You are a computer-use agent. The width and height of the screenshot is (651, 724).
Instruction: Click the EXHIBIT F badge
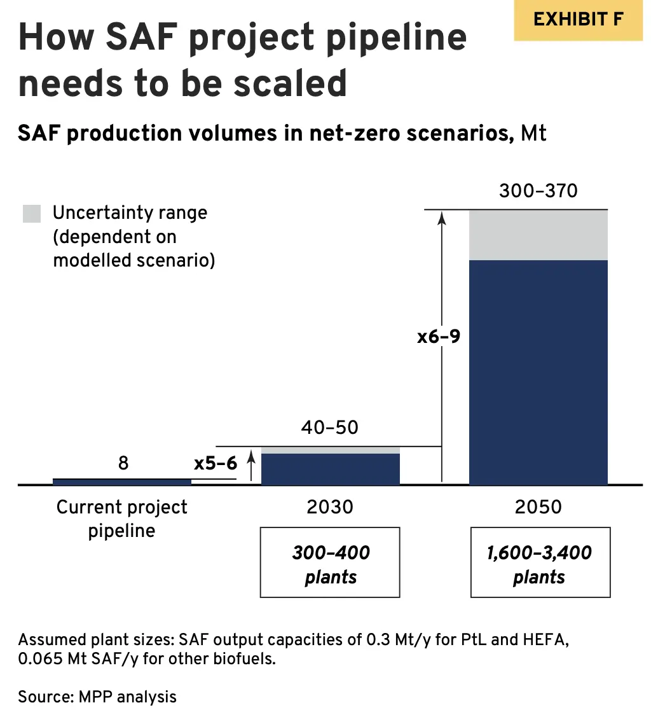(x=578, y=20)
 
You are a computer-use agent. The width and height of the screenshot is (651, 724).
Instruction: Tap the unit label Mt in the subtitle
(x=533, y=134)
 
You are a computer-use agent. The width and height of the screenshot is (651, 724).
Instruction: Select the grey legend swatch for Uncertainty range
(x=32, y=214)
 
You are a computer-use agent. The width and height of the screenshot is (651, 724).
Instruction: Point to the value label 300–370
(x=538, y=191)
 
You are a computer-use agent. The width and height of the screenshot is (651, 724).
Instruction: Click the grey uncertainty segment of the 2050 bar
(x=538, y=235)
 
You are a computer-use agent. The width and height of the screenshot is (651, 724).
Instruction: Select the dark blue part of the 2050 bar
(x=538, y=372)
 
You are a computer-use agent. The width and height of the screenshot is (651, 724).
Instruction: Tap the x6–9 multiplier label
(x=439, y=337)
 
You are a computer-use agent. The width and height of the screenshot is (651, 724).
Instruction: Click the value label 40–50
(x=329, y=427)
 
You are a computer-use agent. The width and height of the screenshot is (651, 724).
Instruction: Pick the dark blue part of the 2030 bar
(x=331, y=469)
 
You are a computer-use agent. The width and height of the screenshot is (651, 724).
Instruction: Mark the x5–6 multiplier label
(x=216, y=463)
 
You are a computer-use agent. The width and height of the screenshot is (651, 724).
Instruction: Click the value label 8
(x=123, y=463)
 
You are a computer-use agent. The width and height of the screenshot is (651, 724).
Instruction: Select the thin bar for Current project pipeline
(x=121, y=482)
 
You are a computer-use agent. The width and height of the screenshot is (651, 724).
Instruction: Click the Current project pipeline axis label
(x=121, y=519)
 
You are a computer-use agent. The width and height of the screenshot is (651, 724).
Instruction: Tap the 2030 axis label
(x=329, y=507)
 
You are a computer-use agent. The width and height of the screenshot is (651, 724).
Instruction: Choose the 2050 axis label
(x=538, y=507)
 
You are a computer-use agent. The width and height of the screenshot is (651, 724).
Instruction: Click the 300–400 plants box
(x=331, y=563)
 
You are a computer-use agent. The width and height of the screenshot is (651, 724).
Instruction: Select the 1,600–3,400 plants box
(x=539, y=563)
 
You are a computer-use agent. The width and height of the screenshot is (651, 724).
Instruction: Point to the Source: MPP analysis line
(x=97, y=697)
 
